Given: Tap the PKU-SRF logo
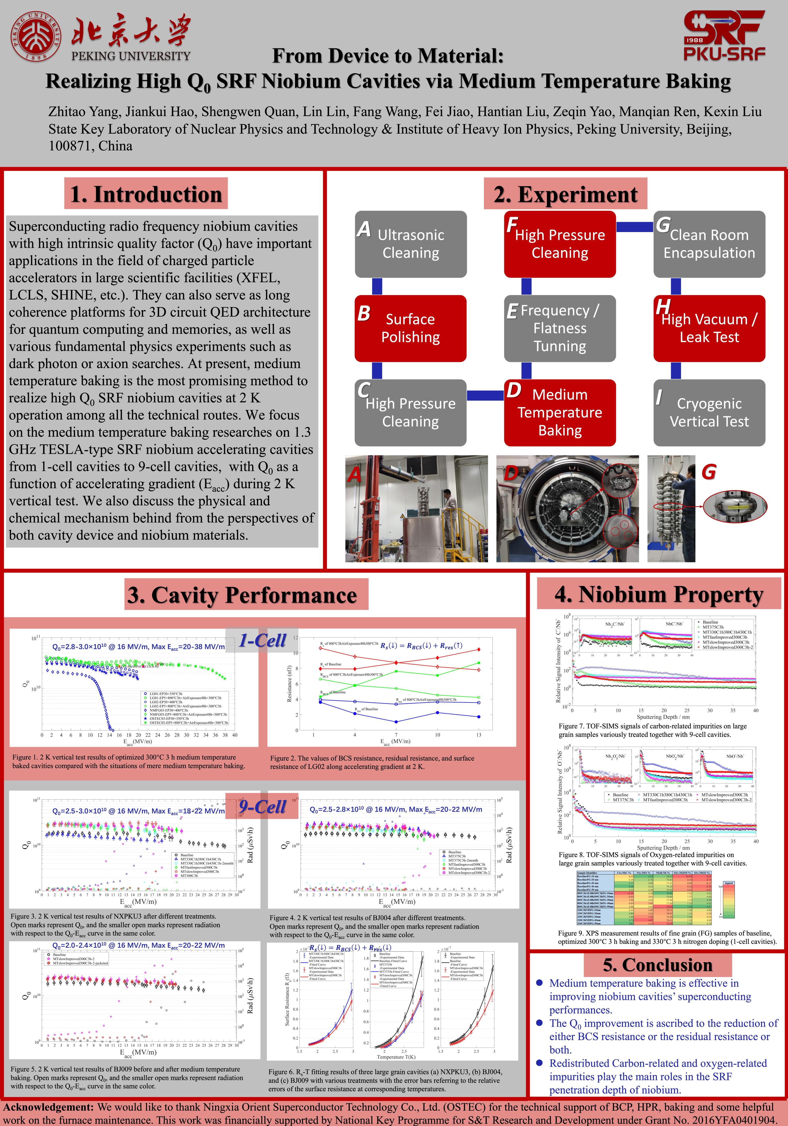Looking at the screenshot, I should click(724, 35).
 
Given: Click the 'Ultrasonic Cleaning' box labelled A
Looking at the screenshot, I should click(411, 244).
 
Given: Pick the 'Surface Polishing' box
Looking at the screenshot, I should click(411, 328).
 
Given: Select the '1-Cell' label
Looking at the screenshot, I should click(262, 640).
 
